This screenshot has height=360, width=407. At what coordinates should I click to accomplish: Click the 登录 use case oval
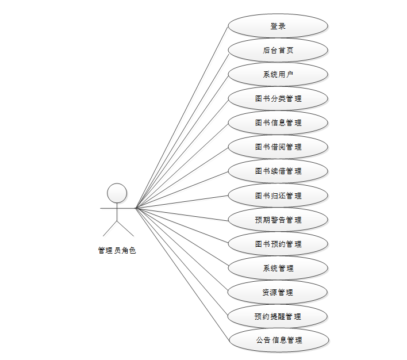(278, 26)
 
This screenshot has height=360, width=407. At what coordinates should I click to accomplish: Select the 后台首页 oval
(278, 50)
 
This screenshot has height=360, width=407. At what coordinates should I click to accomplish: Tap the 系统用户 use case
(278, 74)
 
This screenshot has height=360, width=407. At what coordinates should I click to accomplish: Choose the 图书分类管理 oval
(278, 98)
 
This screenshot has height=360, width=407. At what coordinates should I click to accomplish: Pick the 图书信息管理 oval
(278, 122)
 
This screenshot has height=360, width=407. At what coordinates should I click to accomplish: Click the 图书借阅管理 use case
(278, 147)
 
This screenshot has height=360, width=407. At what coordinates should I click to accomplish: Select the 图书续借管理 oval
(278, 171)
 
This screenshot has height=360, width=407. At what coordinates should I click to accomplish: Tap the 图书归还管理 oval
(278, 196)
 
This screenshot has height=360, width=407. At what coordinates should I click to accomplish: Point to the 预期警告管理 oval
(278, 220)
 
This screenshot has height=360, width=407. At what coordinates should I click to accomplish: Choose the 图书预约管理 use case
(278, 244)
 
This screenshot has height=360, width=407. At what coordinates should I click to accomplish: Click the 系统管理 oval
(278, 268)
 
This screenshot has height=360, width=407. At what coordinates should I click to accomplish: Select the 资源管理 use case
(278, 292)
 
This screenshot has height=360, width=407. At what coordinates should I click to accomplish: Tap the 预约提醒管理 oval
(278, 316)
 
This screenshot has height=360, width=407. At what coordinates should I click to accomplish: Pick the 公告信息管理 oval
(279, 340)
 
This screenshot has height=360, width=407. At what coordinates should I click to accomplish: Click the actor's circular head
(117, 193)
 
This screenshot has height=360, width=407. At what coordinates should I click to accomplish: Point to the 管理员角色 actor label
(117, 250)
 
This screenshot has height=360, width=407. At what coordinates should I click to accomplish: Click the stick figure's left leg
(110, 229)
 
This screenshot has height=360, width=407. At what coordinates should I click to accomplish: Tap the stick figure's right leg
(125, 229)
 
